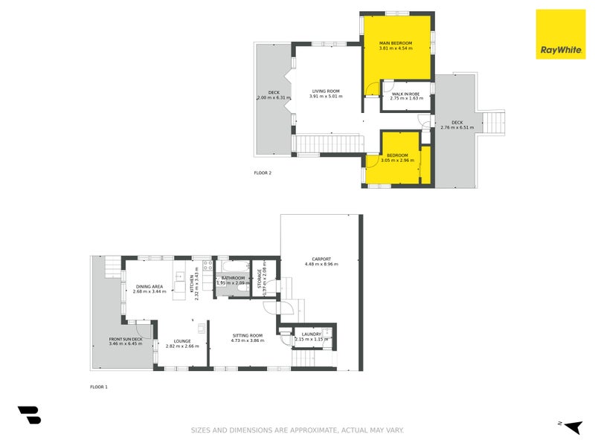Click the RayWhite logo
(x=560, y=35)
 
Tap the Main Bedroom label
(x=396, y=42)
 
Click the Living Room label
(x=325, y=91)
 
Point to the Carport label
(x=321, y=259)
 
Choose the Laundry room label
(x=311, y=334)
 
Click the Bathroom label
(x=233, y=278)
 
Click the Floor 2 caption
(x=263, y=172)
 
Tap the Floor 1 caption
(x=99, y=387)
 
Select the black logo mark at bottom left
(x=29, y=415)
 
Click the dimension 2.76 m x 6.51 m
(x=456, y=127)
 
